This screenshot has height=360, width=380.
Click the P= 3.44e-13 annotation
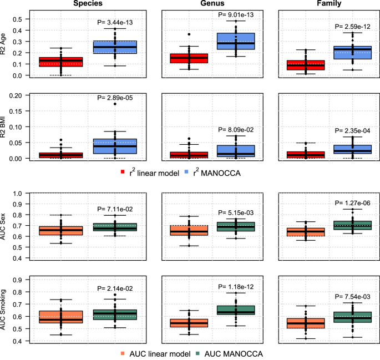click(115, 23)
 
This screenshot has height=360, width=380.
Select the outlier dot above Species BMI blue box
click(115, 104)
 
